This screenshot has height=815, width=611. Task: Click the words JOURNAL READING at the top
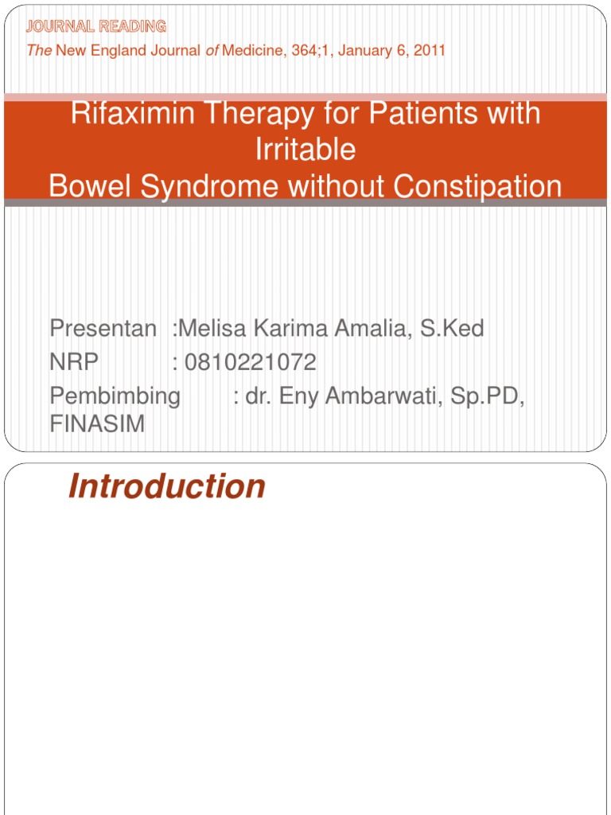[x=96, y=26]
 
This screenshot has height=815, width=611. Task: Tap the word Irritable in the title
[x=305, y=150]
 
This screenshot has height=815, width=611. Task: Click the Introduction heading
[x=167, y=486]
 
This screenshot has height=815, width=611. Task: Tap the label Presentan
[x=103, y=328]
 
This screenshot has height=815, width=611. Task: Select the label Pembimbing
[x=115, y=396]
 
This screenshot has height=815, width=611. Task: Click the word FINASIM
[x=97, y=424]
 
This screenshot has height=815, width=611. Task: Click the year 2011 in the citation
[x=429, y=51]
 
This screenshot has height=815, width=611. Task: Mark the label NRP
[x=74, y=363]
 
